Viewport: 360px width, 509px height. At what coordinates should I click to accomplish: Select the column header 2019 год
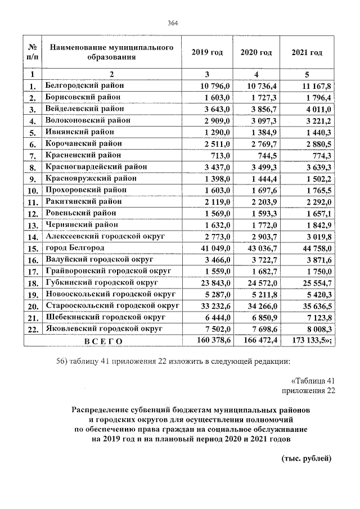coord(207,52)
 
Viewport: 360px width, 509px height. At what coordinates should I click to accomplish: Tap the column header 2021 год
coord(307,52)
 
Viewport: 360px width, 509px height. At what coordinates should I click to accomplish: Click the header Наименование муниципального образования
coord(111,52)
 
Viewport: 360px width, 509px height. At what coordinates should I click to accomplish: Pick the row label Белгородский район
coord(84,85)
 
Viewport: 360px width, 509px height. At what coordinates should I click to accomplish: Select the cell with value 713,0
coord(220,155)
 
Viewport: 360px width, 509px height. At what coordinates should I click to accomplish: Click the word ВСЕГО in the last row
coord(103,340)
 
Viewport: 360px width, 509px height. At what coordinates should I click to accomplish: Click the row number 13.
coord(33,225)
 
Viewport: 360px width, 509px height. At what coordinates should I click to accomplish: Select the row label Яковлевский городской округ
coord(104,328)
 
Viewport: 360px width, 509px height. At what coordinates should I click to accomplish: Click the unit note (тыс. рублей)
coord(307,458)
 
